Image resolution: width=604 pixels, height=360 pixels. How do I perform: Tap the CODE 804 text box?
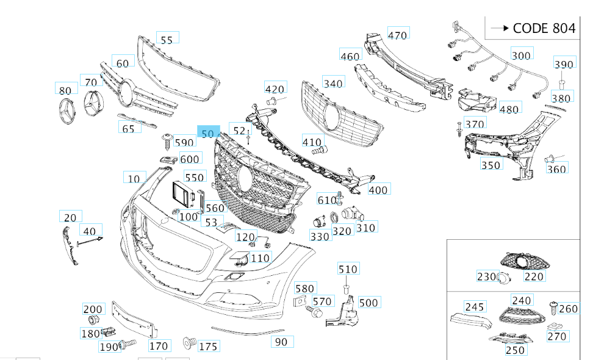(x=531, y=28)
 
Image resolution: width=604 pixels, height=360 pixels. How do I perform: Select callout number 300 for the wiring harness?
(x=520, y=55)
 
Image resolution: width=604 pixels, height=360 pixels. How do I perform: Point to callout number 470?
(x=397, y=35)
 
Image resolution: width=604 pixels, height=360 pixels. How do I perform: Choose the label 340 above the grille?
(x=333, y=83)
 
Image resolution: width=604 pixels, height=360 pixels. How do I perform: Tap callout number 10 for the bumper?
(x=134, y=178)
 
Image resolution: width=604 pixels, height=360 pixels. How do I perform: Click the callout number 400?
(x=378, y=190)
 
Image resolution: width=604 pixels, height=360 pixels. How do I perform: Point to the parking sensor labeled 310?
(x=350, y=214)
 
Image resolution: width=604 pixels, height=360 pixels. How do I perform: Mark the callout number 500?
(x=369, y=302)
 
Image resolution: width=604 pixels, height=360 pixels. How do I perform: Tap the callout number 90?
(x=281, y=342)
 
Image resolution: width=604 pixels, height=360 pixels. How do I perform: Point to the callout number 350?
(x=491, y=165)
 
